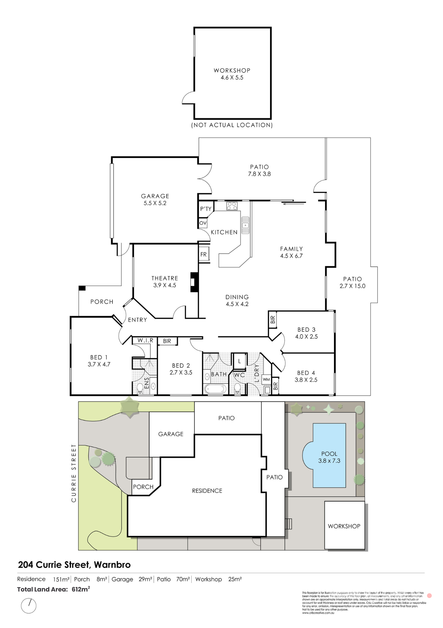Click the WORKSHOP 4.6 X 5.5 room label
click(232, 74)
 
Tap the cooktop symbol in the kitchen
click(232, 206)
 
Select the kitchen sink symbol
click(245, 225)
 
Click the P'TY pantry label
click(205, 209)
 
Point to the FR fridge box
click(203, 254)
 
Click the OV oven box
click(203, 223)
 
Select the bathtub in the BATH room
click(215, 389)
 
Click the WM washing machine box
click(266, 379)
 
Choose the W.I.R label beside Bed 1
click(145, 340)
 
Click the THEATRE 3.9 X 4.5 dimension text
click(165, 285)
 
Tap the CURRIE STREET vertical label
click(73, 473)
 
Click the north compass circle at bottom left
click(28, 606)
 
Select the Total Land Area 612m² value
click(81, 589)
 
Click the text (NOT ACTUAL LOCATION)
click(232, 125)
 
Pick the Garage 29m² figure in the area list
click(145, 579)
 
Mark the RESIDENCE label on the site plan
click(207, 491)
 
